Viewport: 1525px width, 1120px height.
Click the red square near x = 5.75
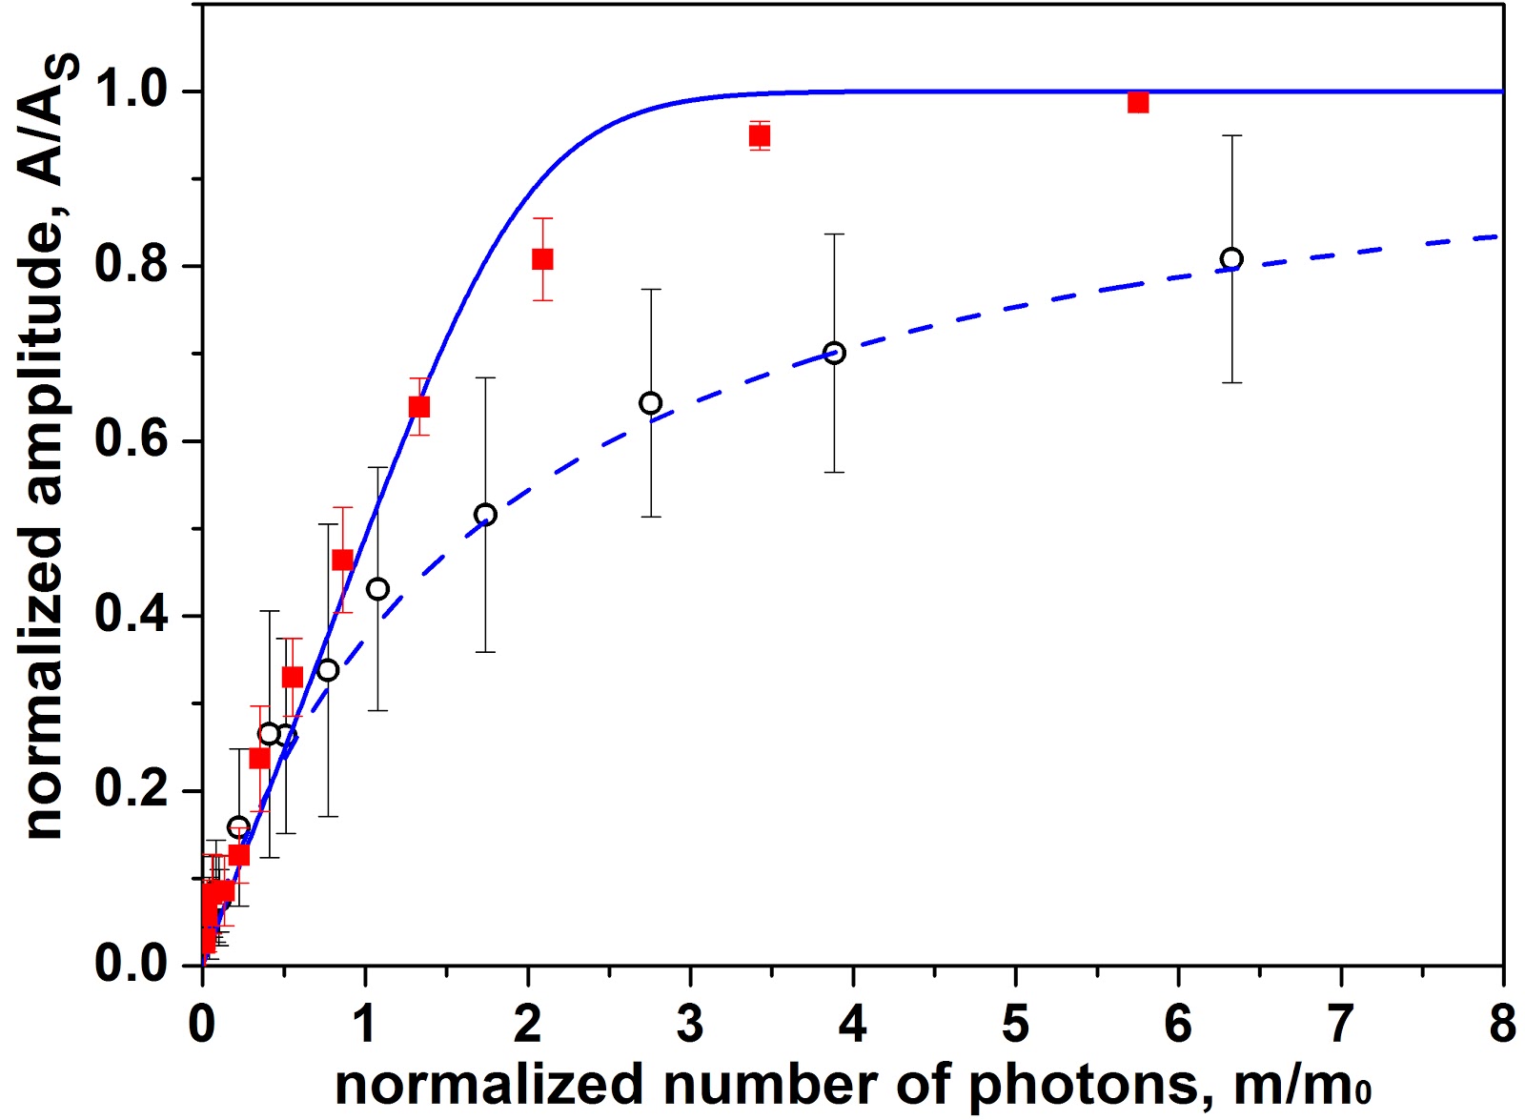click(1137, 102)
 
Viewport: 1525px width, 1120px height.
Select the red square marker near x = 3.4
click(759, 135)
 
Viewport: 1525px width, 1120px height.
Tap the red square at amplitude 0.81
click(542, 259)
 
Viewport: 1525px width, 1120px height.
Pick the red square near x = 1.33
click(418, 407)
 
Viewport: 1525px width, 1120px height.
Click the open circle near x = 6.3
click(1231, 259)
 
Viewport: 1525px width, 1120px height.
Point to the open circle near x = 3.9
click(834, 354)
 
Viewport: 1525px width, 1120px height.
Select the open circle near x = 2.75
click(650, 403)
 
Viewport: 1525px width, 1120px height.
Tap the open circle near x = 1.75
click(485, 515)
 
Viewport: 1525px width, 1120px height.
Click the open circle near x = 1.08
click(377, 589)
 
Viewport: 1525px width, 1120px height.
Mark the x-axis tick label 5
click(1015, 1025)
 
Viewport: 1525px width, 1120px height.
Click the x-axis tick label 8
click(1502, 1025)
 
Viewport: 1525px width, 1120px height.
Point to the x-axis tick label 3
click(690, 1025)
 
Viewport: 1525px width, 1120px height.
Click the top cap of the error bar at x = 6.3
click(1231, 136)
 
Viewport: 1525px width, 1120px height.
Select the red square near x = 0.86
click(342, 560)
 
